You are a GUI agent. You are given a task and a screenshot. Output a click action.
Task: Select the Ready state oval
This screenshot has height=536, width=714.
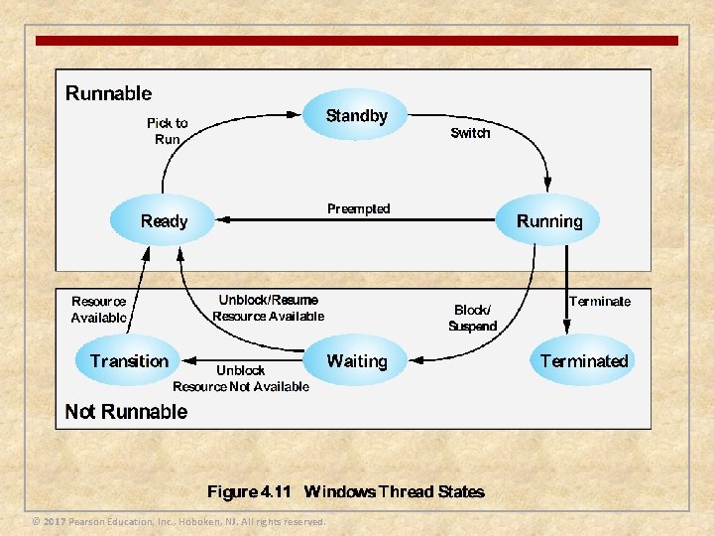pyautogui.click(x=164, y=220)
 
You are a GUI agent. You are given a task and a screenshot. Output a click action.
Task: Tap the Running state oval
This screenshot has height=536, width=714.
pyautogui.click(x=549, y=220)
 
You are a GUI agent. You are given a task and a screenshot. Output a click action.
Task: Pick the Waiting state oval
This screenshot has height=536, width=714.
pyautogui.click(x=356, y=361)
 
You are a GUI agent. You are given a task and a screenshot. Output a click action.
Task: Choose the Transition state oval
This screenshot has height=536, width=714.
pyautogui.click(x=129, y=361)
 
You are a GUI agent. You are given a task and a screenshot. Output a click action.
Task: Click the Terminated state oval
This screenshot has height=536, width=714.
pyautogui.click(x=584, y=361)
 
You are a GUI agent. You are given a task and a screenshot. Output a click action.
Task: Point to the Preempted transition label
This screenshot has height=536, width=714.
pyautogui.click(x=359, y=208)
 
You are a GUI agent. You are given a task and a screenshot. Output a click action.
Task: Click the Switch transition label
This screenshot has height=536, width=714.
pyautogui.click(x=470, y=133)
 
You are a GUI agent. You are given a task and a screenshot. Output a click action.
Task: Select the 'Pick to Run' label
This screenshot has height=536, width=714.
pyautogui.click(x=167, y=131)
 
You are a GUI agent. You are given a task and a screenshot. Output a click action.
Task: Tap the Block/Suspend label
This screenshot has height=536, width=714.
pyautogui.click(x=472, y=318)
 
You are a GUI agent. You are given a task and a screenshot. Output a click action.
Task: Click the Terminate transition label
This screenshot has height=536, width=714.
pyautogui.click(x=600, y=301)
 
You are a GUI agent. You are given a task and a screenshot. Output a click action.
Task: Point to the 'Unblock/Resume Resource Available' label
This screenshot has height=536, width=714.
pyautogui.click(x=268, y=308)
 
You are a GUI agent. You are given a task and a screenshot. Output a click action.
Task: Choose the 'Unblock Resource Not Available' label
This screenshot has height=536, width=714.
pyautogui.click(x=241, y=378)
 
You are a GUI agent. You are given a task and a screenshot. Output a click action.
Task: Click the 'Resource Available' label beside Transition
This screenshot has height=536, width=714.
pyautogui.click(x=99, y=310)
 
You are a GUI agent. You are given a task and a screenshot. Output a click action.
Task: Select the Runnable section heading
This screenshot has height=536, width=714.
pyautogui.click(x=109, y=93)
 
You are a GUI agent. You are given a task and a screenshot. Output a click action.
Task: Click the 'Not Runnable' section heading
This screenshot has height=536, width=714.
pyautogui.click(x=126, y=411)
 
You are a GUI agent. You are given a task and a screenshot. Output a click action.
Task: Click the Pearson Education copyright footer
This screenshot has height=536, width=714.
pyautogui.click(x=178, y=521)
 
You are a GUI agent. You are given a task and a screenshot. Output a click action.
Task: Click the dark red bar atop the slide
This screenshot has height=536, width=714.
pyautogui.click(x=357, y=41)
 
